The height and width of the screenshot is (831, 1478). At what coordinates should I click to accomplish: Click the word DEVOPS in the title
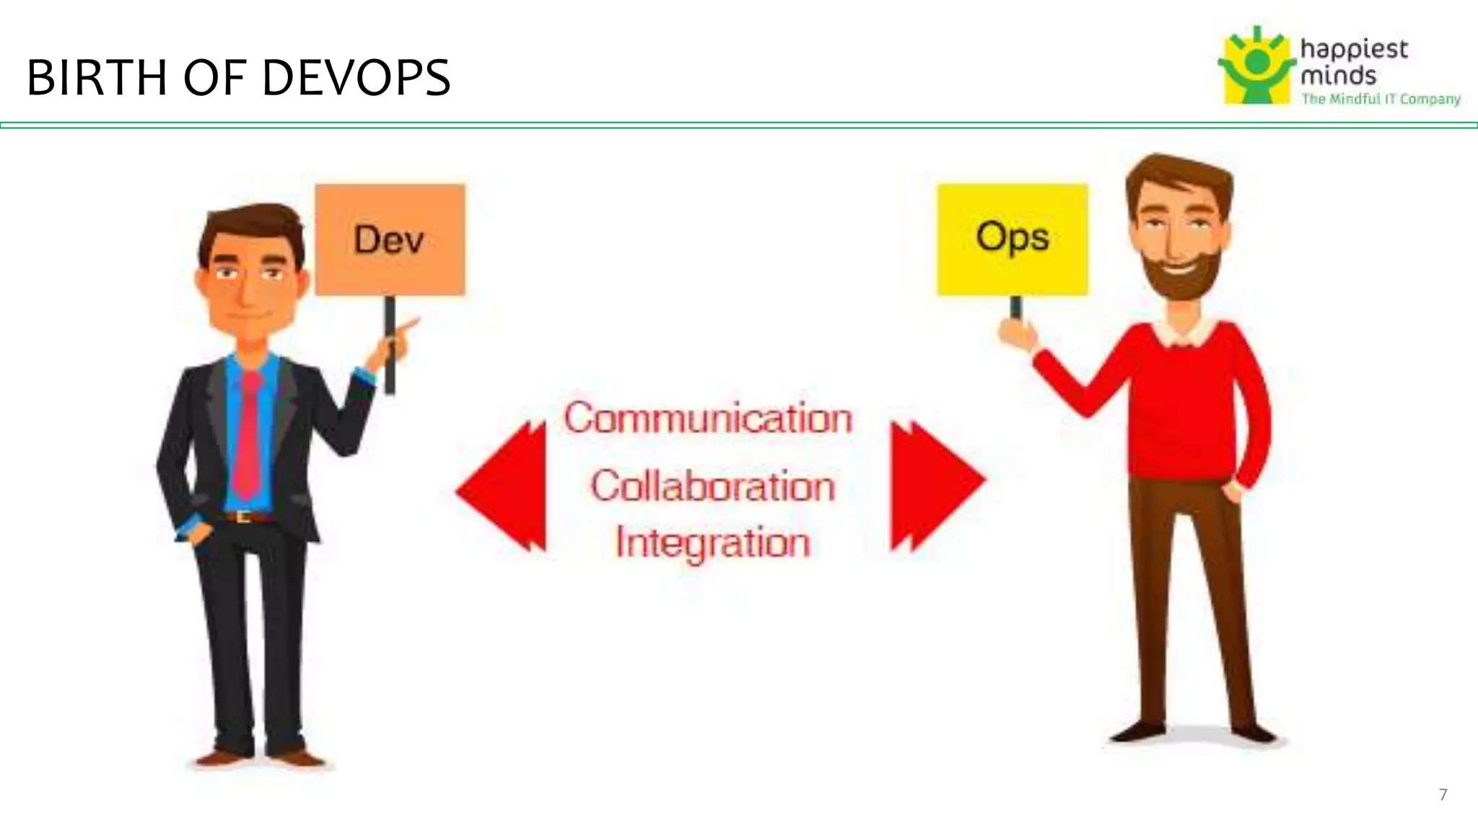356,78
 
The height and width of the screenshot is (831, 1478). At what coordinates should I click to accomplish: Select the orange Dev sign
390,239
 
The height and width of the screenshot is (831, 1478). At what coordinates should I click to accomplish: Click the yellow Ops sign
1012,239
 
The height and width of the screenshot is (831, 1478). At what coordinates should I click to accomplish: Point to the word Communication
708,418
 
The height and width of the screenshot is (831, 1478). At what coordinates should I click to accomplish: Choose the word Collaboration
712,486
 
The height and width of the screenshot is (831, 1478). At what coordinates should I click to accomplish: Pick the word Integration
712,542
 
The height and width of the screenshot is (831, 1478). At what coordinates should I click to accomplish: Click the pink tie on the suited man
248,440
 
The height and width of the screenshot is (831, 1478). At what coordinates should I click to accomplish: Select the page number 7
1443,794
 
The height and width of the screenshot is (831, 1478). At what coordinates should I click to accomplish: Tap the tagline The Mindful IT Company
1380,99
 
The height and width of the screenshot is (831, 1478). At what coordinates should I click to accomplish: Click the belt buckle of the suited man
243,516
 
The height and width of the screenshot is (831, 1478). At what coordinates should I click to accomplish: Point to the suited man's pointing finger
411,323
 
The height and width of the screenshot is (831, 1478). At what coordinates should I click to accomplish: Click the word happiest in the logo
1353,50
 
